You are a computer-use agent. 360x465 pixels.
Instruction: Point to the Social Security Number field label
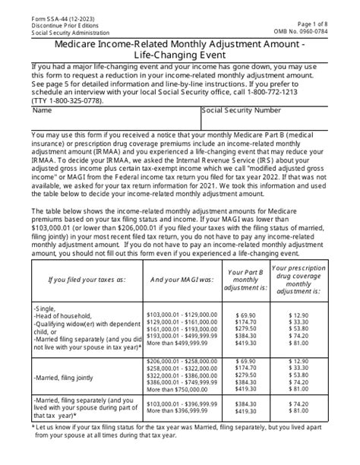tap(241, 110)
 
